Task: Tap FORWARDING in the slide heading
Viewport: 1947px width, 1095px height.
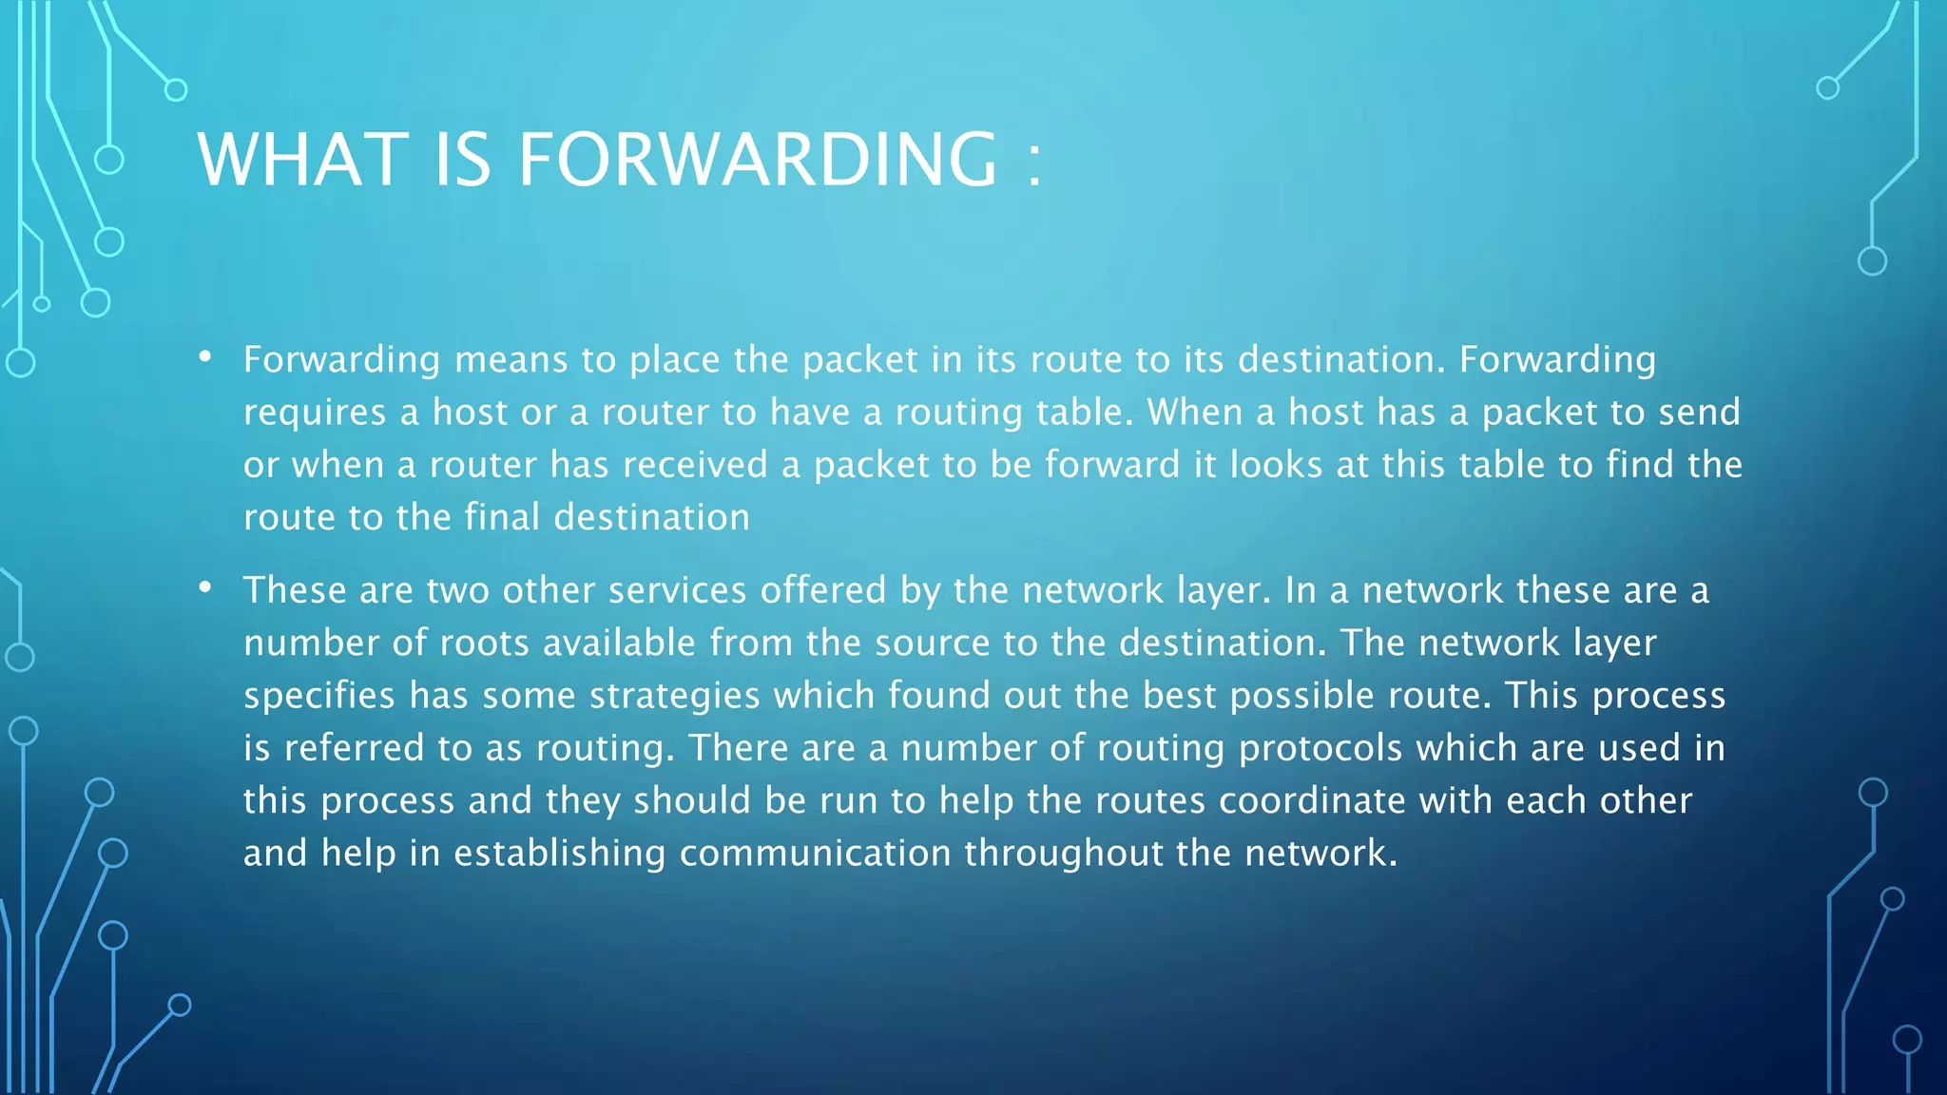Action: pyautogui.click(x=758, y=159)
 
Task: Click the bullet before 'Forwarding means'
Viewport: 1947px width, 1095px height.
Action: pyautogui.click(x=205, y=357)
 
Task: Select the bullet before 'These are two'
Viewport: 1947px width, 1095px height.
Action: pyautogui.click(x=205, y=588)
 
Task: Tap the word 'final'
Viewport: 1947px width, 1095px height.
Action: pyautogui.click(x=502, y=517)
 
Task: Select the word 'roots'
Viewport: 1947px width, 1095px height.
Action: pyautogui.click(x=485, y=644)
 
